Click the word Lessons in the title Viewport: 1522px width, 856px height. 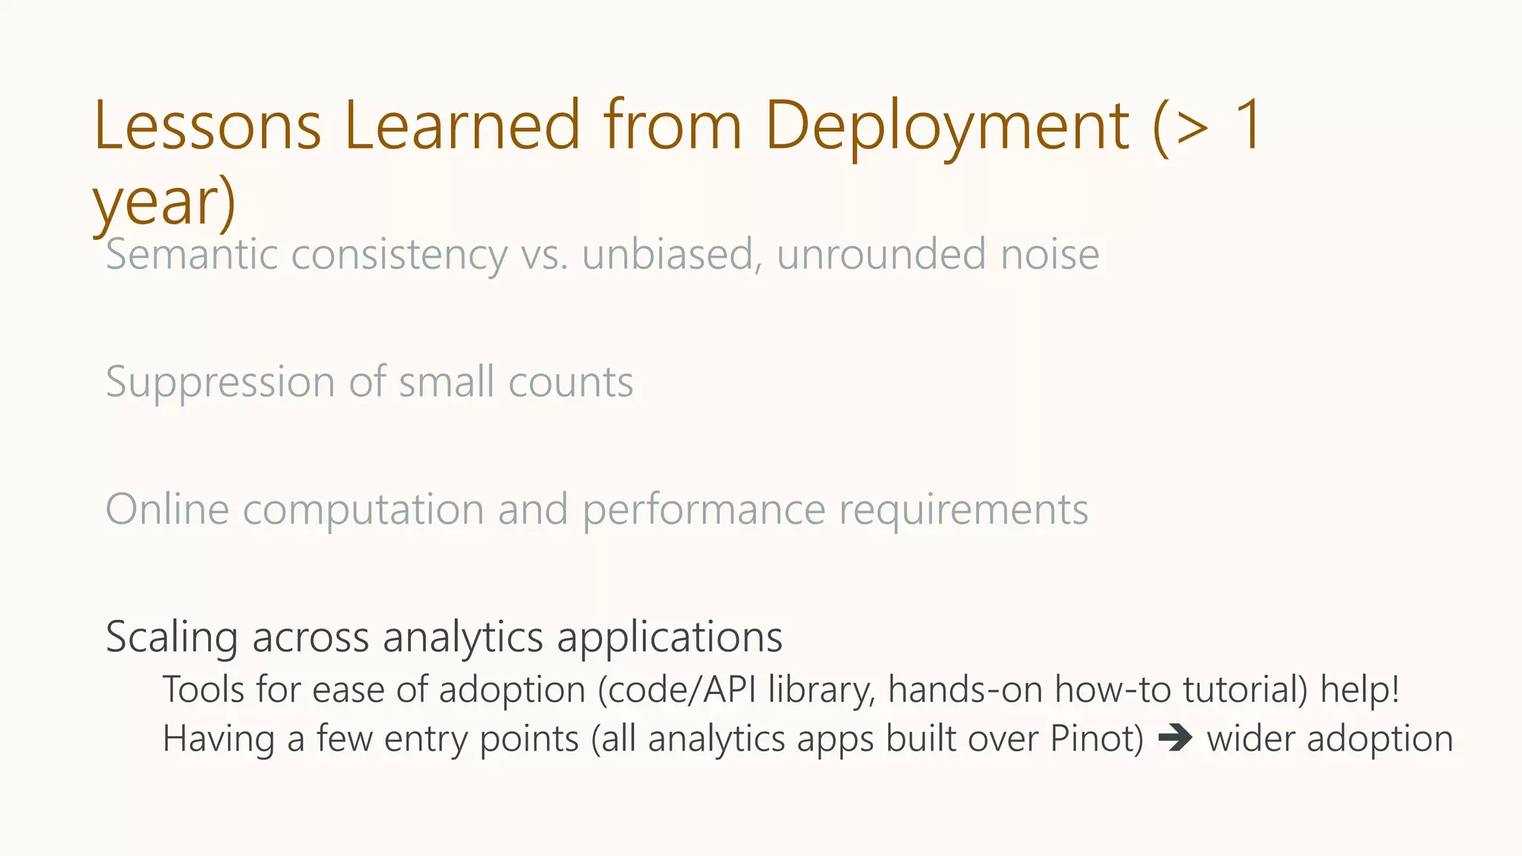pos(207,126)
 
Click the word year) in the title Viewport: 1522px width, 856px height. pos(164,203)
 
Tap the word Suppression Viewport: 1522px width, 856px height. pos(220,383)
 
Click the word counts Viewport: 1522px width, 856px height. pos(570,383)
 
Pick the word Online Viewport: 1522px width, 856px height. pos(167,510)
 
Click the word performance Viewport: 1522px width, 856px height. pos(703,511)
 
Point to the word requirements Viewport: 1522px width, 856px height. pos(963,511)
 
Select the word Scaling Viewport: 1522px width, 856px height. pos(171,638)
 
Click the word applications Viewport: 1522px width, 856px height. pos(670,638)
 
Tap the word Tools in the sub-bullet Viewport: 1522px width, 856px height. pos(204,690)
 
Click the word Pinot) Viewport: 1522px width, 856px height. pos(1096,739)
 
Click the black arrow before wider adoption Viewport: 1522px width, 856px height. pos(1175,739)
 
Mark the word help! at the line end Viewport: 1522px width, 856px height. pos(1359,690)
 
